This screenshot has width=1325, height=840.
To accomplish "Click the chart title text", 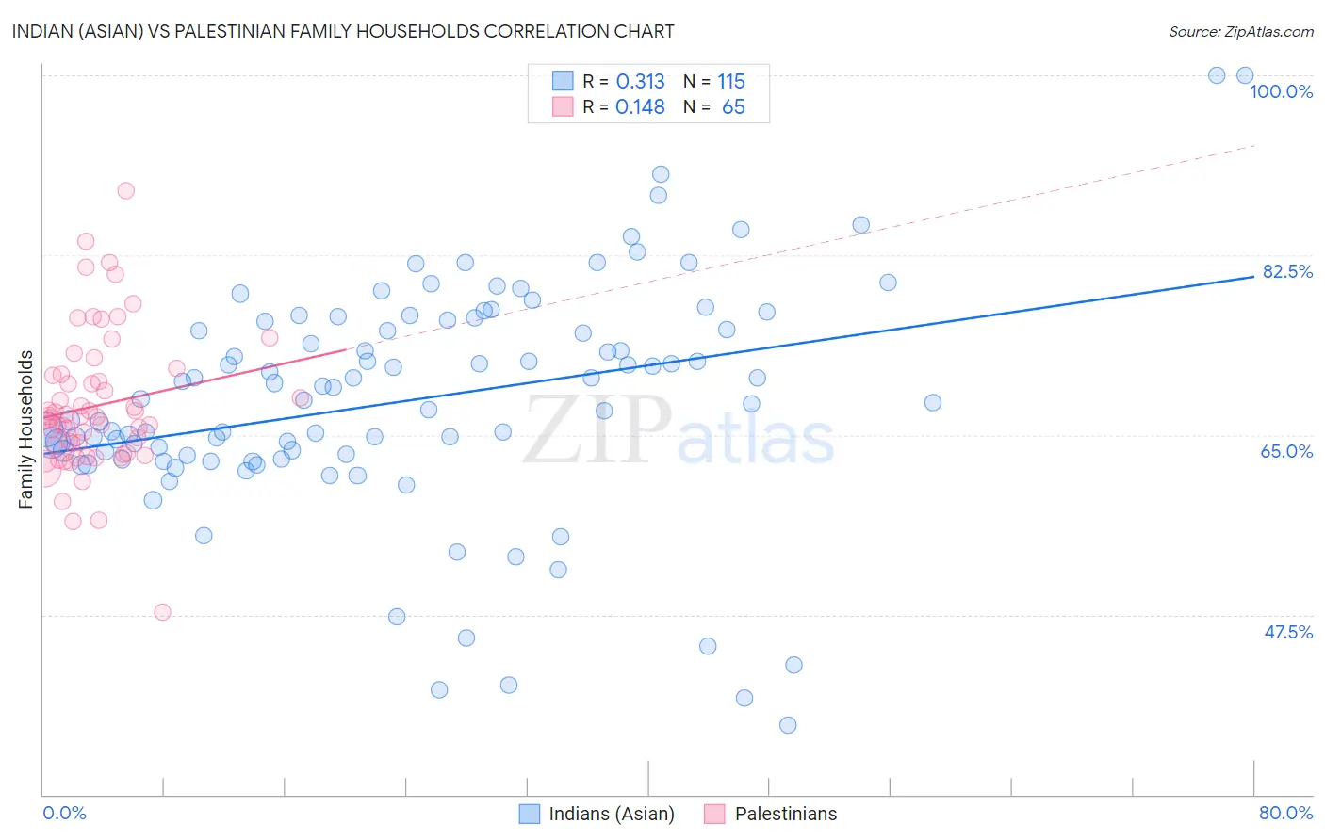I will (x=343, y=31).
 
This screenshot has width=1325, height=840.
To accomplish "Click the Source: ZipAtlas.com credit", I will (x=1240, y=32).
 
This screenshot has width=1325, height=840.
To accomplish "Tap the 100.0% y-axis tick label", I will (x=1281, y=91).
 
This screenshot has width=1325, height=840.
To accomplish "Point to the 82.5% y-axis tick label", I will (x=1287, y=271).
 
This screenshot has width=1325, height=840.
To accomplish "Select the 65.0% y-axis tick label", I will (x=1286, y=451).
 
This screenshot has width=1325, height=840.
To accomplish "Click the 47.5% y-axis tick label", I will (x=1287, y=632).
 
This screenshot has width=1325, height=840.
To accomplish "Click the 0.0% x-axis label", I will (x=64, y=813).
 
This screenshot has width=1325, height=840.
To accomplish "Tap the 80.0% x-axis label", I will (x=1285, y=813).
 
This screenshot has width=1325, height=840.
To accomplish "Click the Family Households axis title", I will (x=26, y=429).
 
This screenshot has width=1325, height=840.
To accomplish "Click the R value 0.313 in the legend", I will (x=640, y=82).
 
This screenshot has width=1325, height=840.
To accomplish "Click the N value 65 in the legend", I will (x=733, y=107).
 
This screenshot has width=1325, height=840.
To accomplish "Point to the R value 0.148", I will (x=640, y=107).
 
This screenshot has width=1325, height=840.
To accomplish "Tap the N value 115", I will (x=731, y=82).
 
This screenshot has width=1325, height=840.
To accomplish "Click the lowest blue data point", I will (x=788, y=725).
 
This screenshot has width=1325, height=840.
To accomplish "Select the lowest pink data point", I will (x=162, y=612).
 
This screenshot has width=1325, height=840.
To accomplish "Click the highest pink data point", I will (x=125, y=190).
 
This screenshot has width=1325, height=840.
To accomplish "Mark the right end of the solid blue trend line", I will (x=1253, y=277).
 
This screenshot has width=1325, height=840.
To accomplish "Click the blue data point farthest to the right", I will (x=1245, y=75).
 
